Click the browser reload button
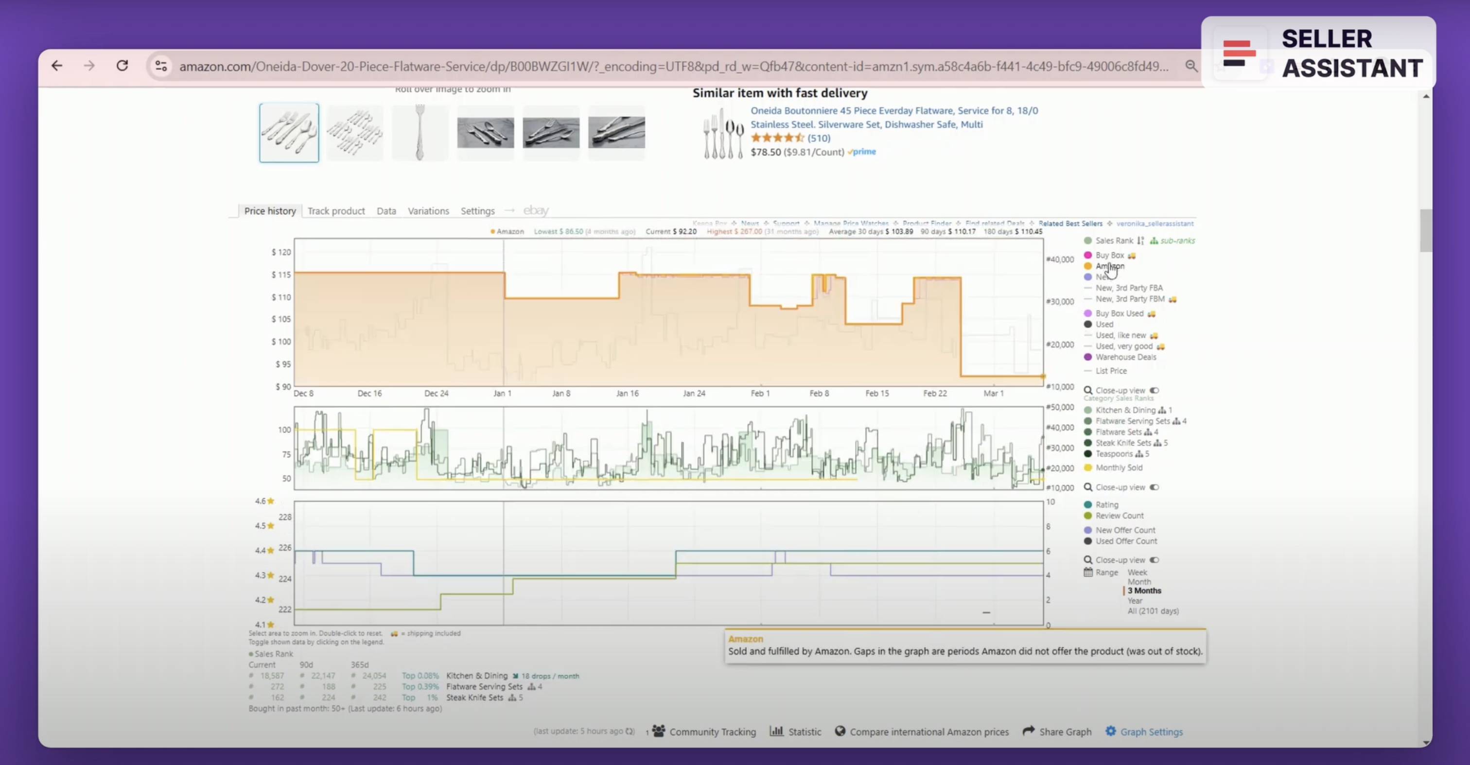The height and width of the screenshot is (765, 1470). [x=122, y=66]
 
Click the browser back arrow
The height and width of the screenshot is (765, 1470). [x=56, y=66]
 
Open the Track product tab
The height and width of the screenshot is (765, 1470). [x=335, y=211]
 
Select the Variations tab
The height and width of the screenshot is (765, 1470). [x=428, y=211]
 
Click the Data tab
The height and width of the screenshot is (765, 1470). [x=386, y=211]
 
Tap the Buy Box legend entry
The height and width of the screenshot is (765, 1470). [x=1109, y=256]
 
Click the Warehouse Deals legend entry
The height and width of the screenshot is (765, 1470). [x=1125, y=357]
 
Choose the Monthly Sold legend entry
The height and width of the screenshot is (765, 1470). [x=1119, y=468]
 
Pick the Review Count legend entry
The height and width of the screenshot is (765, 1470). [x=1119, y=516]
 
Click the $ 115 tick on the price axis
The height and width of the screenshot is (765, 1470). [x=281, y=275]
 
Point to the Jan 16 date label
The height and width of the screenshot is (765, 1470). [x=627, y=394]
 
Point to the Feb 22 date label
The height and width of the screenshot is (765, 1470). [x=934, y=394]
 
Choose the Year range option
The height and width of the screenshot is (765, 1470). [x=1135, y=601]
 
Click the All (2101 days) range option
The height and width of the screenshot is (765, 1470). [x=1153, y=611]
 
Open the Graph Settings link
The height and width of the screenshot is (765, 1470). [x=1151, y=732]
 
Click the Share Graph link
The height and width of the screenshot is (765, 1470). [x=1064, y=732]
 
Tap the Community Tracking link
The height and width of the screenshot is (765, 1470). [x=712, y=732]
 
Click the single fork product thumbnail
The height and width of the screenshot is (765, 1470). [x=420, y=133]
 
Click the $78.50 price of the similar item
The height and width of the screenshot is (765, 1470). [x=765, y=152]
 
